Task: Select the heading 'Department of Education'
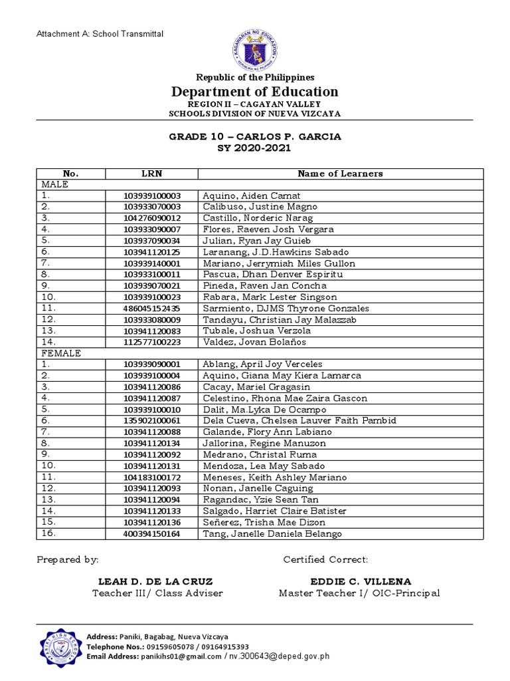click(x=255, y=92)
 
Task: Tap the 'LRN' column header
click(x=151, y=174)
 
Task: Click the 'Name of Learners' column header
click(x=340, y=174)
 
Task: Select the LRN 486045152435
click(x=151, y=309)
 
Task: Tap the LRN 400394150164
click(x=151, y=533)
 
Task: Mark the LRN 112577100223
click(x=151, y=342)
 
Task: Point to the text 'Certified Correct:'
click(x=325, y=559)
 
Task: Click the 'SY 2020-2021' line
click(x=255, y=148)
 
